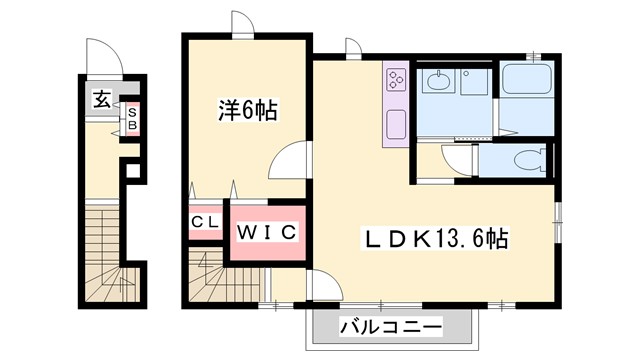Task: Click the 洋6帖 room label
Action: [x=247, y=110]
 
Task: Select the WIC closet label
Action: [x=266, y=233]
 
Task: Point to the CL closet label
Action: [x=205, y=223]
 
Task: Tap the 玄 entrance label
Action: [x=102, y=98]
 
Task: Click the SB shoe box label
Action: [x=131, y=119]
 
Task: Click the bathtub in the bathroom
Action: [x=527, y=80]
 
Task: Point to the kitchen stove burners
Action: [x=395, y=78]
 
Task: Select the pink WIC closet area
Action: [x=266, y=245]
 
